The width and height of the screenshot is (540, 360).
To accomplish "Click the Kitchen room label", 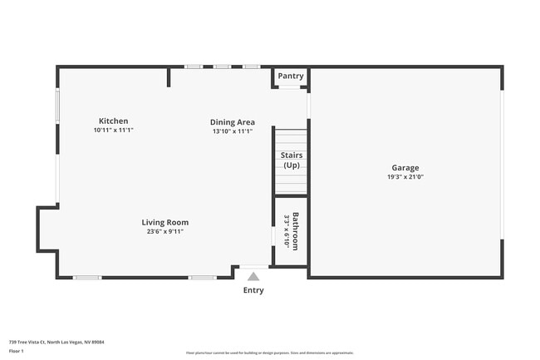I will pos(113,121).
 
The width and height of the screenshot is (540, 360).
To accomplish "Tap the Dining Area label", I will pos(232,122).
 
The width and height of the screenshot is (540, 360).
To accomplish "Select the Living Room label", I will pos(164,222).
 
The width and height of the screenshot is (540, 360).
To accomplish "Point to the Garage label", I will pos(405,167).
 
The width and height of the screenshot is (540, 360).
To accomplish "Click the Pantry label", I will pos(291,76).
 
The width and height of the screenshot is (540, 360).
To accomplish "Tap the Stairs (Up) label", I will pos(291,160).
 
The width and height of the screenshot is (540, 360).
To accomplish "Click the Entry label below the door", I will pos(253,290).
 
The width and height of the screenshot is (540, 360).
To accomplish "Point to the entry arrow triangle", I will pos(253,276).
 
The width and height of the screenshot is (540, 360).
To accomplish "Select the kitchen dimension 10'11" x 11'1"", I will pos(113,131).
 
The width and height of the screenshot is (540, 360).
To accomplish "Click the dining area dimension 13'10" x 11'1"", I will pos(232,131).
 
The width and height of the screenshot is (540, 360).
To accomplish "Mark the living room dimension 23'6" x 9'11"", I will pos(164,232).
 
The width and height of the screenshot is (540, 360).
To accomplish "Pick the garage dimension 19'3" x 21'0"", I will pos(405,176).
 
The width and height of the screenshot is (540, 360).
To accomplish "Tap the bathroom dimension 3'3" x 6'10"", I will pos(287,231).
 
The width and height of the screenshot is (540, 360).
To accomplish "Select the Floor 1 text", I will pos(17,351).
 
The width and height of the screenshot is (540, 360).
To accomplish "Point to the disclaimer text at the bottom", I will pos(270,353).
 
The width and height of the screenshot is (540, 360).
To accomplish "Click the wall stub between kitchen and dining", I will pos(169,77).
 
